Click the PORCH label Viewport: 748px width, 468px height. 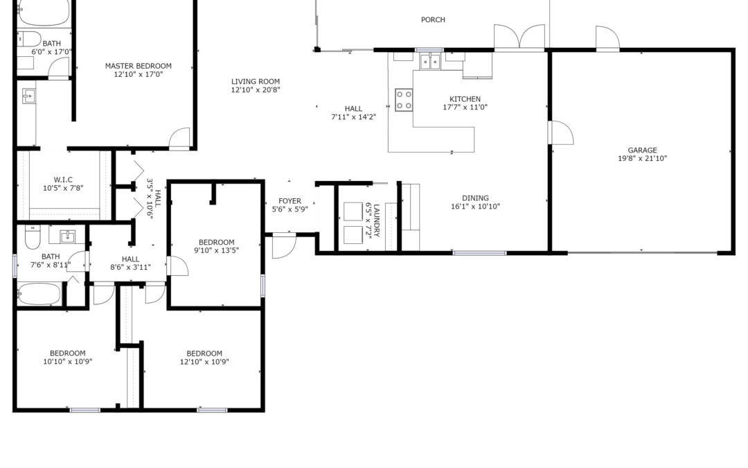click(433, 19)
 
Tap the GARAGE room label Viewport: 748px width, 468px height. click(642, 150)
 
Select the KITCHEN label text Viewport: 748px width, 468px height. click(465, 99)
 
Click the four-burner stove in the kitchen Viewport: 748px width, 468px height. click(404, 101)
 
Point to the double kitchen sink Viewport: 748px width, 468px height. click(430, 62)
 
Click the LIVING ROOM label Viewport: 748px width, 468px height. click(255, 82)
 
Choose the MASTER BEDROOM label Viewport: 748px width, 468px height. click(139, 66)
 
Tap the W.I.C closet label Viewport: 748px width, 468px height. click(63, 180)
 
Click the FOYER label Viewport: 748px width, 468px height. click(290, 201)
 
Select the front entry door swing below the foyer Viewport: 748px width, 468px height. click(285, 246)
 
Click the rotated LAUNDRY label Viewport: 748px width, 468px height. click(376, 220)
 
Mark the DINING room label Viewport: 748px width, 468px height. click(475, 198)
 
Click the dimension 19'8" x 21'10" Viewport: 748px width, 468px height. click(642, 159)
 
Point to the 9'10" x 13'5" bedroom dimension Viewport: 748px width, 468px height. click(216, 250)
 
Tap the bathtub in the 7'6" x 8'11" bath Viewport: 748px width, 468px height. click(39, 294)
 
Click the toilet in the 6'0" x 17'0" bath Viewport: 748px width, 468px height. click(29, 39)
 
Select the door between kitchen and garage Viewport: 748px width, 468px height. click(561, 132)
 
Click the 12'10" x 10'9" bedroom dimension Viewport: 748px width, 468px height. click(204, 362)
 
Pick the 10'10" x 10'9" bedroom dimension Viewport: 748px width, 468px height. click(67, 362)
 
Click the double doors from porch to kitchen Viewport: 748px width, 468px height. click(519, 37)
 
